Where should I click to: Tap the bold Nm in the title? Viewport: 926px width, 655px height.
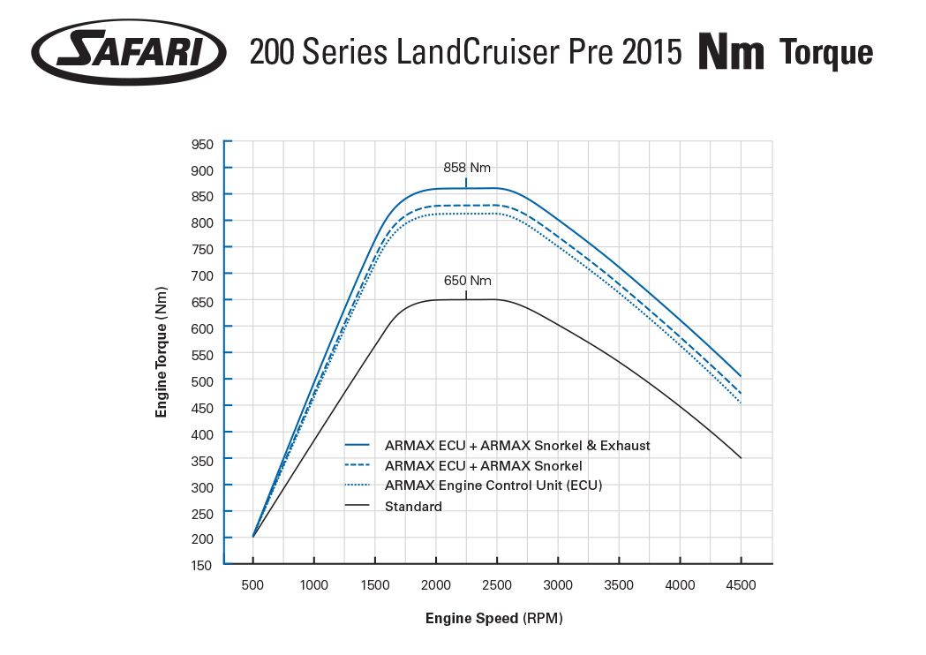click(x=731, y=53)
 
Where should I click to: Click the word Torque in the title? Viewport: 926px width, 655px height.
click(x=827, y=53)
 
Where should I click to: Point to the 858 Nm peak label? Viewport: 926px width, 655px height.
click(x=466, y=168)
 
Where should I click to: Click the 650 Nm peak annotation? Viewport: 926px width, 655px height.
click(x=467, y=282)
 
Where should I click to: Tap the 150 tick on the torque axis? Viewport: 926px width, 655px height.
click(x=201, y=565)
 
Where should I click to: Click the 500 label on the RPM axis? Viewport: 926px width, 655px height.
click(x=253, y=585)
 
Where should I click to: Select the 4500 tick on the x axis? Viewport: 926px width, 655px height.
click(x=741, y=585)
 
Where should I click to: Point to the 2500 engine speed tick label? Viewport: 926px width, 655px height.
click(x=497, y=585)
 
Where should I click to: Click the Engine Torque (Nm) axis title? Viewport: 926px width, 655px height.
click(x=162, y=352)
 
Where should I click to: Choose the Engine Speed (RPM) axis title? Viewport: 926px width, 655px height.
click(x=493, y=619)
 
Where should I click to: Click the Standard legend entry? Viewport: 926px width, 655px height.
click(x=413, y=507)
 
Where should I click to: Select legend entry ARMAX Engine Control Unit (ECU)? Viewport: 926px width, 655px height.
click(x=493, y=486)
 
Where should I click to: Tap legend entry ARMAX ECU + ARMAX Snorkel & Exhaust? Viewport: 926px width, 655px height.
click(x=517, y=446)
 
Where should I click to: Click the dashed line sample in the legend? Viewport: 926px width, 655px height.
click(x=358, y=466)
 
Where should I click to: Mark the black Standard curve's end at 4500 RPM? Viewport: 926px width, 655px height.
click(x=741, y=458)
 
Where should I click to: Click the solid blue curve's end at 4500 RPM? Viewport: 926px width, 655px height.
click(x=741, y=377)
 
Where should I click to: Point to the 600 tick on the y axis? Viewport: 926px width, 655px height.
click(x=201, y=327)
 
